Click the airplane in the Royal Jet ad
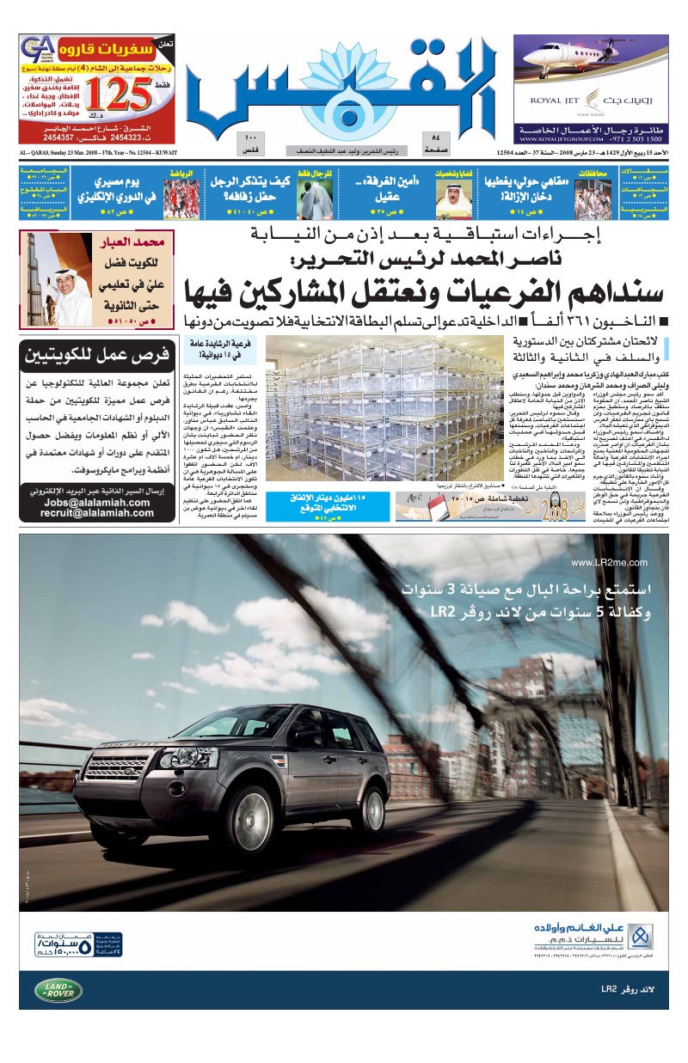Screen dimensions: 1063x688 [x=593, y=64]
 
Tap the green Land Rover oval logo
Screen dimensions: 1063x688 [x=58, y=991]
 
